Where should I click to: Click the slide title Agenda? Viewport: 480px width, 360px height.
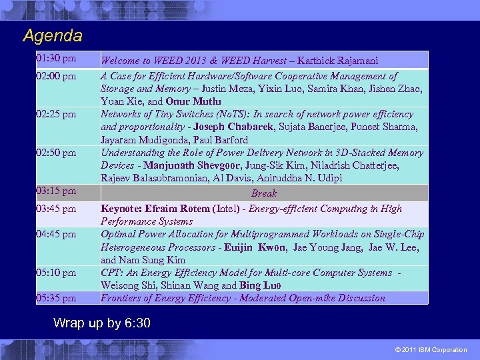click(x=52, y=35)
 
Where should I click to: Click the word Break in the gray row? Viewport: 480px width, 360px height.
click(x=263, y=193)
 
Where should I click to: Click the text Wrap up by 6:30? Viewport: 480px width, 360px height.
click(x=101, y=323)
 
